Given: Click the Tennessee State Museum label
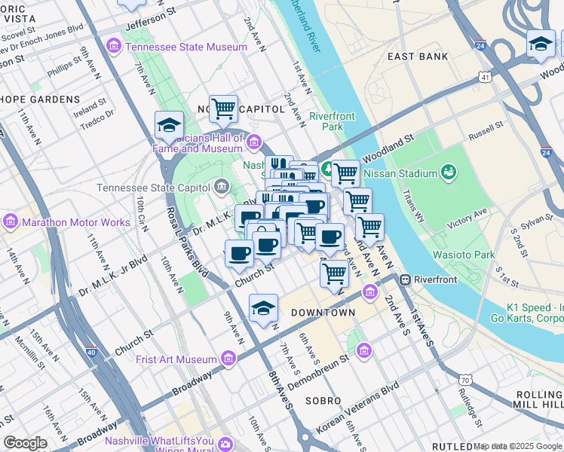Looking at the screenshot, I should tap(186, 47).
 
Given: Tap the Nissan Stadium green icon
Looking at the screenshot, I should tap(449, 173).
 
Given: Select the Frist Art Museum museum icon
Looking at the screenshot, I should tap(228, 359).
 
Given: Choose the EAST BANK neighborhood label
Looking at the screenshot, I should tap(417, 56).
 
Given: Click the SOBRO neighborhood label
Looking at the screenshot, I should tap(323, 401).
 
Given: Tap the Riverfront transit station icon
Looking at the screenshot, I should tap(405, 279).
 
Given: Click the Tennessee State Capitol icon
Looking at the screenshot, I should tap(222, 185).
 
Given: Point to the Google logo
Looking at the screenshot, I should tap(25, 442).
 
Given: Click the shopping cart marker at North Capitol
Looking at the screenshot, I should tap(223, 109).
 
